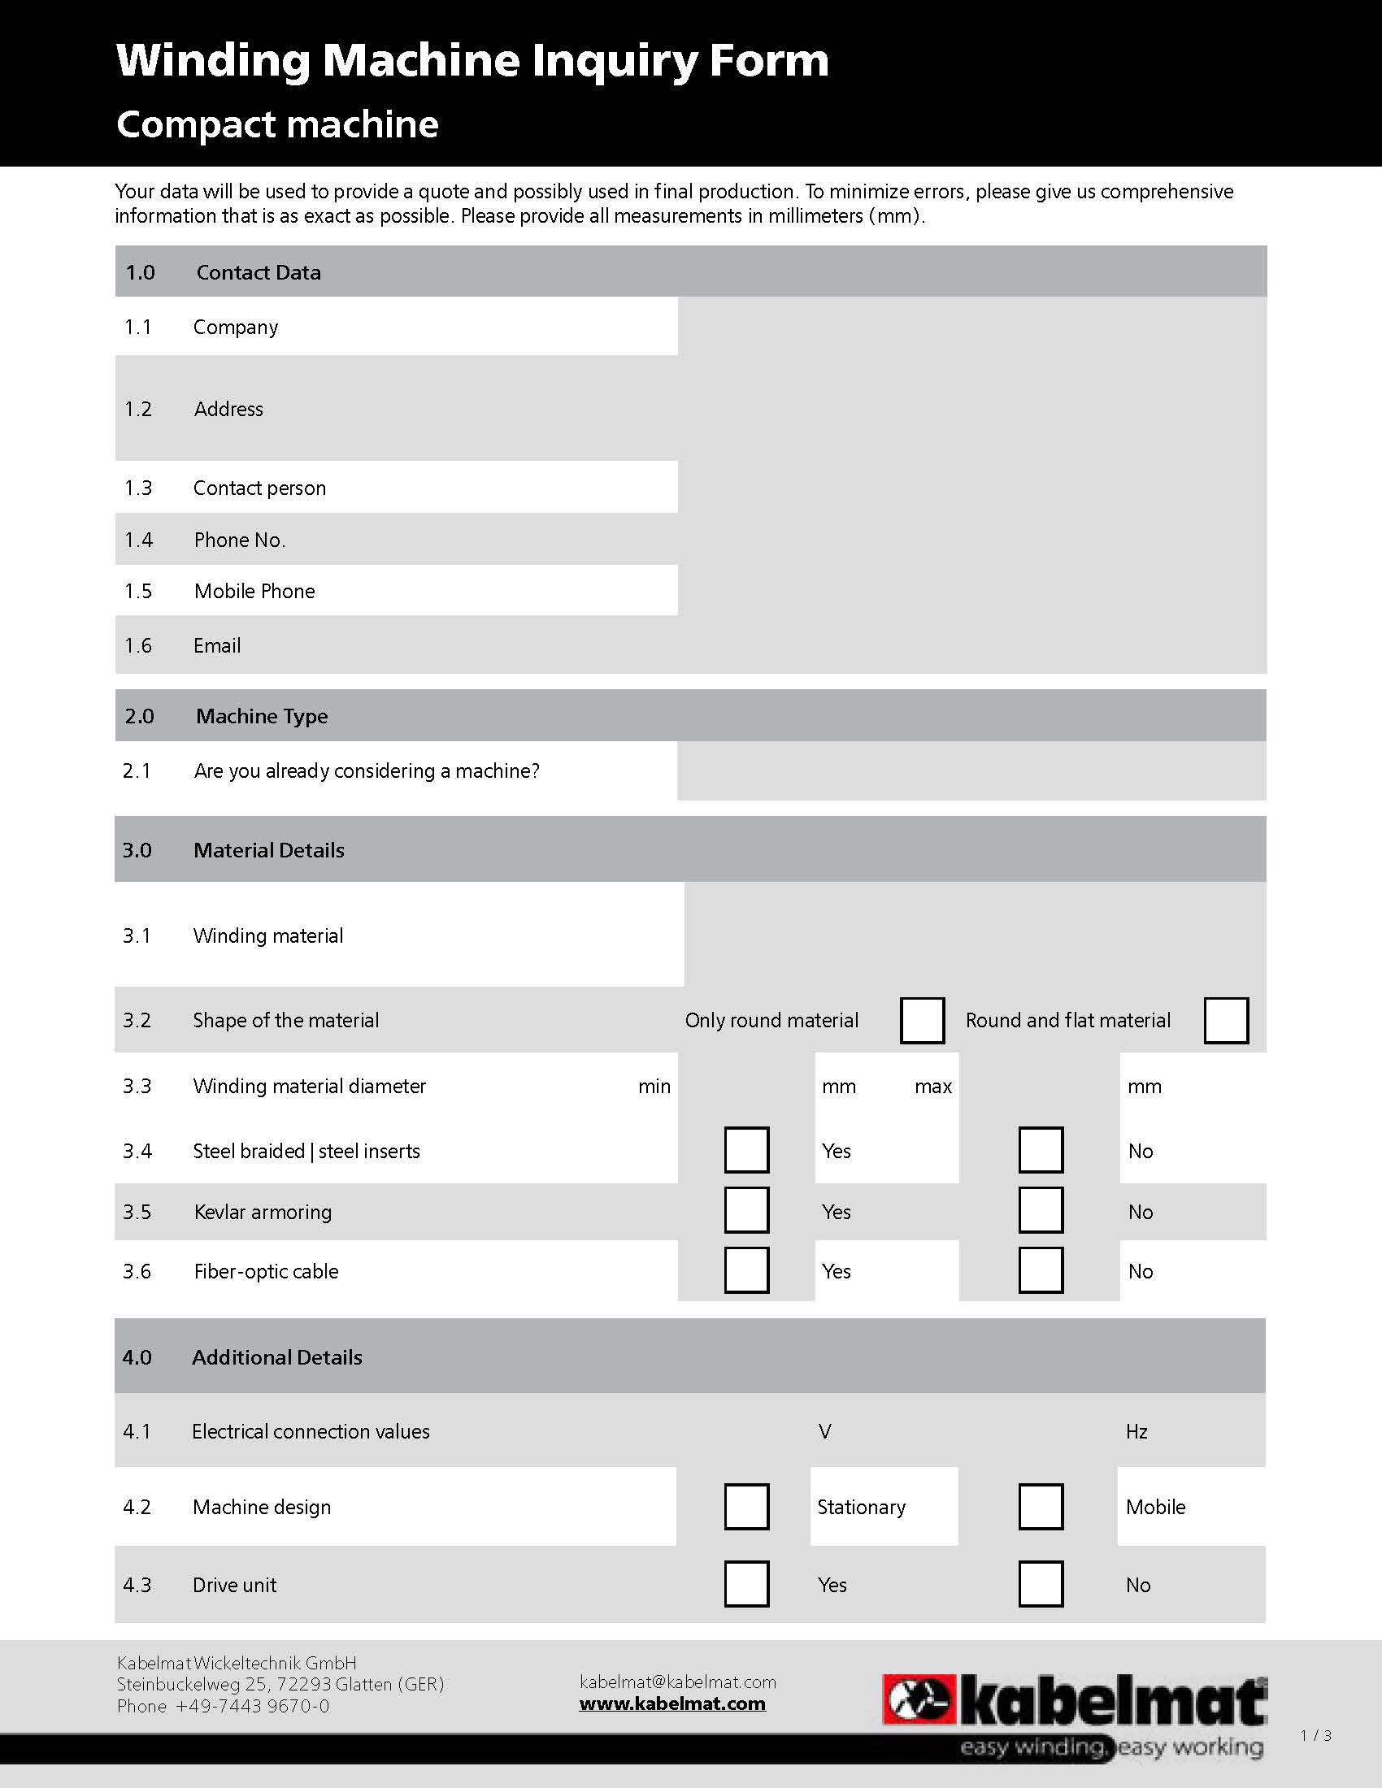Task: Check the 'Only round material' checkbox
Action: point(922,1020)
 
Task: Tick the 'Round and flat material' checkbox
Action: point(1226,1020)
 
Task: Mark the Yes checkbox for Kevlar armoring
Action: point(745,1211)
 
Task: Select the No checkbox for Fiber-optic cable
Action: point(1041,1270)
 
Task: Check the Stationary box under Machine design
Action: point(745,1506)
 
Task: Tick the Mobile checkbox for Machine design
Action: point(1041,1506)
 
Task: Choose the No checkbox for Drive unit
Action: point(1041,1584)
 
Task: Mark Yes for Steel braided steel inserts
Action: point(745,1150)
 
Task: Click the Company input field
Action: point(971,327)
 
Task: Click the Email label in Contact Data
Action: point(217,646)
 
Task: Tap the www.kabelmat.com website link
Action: point(672,1703)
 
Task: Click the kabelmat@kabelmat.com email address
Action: point(677,1682)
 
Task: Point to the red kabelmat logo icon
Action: point(919,1699)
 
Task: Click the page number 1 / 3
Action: point(1315,1735)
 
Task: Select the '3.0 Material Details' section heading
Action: point(268,850)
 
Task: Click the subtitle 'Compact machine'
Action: point(277,124)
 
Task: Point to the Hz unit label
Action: point(1136,1431)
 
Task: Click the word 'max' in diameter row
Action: point(933,1087)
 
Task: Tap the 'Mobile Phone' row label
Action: point(254,591)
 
